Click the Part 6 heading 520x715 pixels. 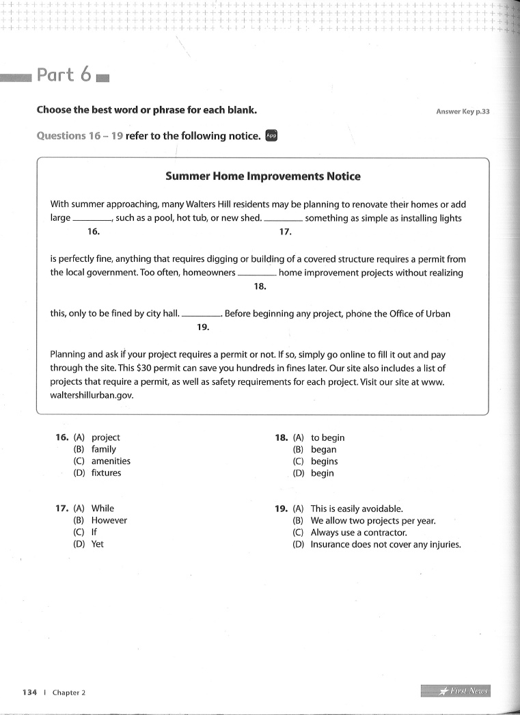64,75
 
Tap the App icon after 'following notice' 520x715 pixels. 271,135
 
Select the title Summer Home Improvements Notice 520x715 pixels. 263,176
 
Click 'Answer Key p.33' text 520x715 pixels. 463,111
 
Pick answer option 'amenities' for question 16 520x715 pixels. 111,461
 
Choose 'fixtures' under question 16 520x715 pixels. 106,473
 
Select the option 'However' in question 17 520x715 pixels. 109,520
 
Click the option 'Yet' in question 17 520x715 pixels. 98,544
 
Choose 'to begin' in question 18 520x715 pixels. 327,437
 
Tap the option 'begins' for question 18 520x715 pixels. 324,461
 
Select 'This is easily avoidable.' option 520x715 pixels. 357,509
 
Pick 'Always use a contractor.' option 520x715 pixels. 359,532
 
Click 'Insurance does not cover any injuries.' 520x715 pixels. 385,545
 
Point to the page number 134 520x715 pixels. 29,692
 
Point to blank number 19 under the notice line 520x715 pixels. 202,327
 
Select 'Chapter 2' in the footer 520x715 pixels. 69,692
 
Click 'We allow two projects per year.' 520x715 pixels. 372,521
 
